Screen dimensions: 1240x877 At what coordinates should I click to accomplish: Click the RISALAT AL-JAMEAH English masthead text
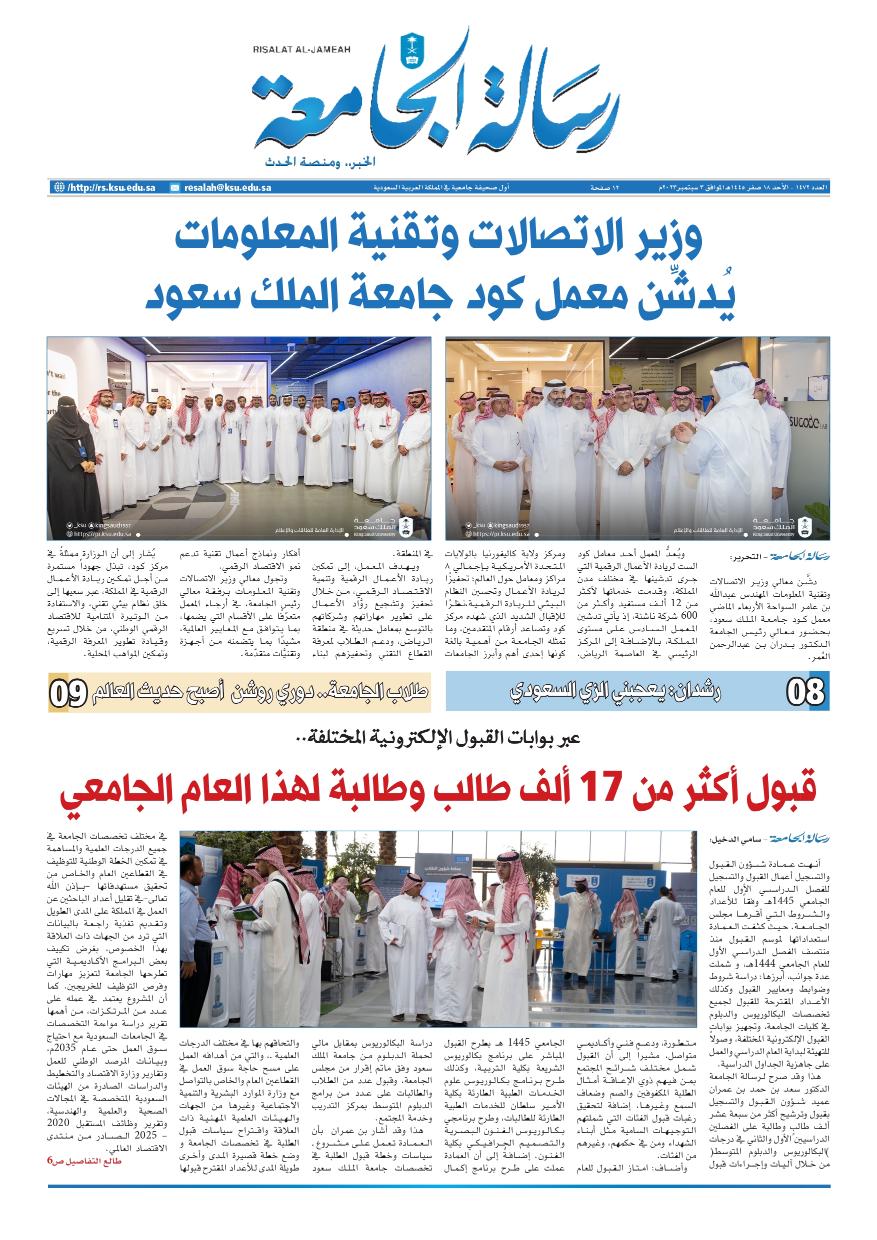coord(301,49)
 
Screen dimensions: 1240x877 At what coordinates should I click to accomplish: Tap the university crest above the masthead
coord(412,51)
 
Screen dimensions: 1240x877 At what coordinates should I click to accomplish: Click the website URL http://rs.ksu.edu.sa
coord(111,187)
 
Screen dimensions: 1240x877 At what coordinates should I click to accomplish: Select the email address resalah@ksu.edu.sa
coord(227,187)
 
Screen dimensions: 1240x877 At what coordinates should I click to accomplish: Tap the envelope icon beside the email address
coord(175,187)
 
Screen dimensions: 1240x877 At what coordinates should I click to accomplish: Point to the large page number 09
coord(68,693)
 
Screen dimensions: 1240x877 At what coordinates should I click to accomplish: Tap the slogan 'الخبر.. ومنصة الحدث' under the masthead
coord(320,162)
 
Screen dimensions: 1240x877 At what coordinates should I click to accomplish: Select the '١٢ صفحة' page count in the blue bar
coord(604,187)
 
